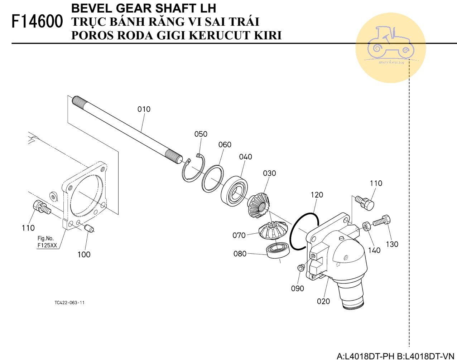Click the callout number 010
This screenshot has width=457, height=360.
[144, 109]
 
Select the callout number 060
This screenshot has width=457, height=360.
[225, 145]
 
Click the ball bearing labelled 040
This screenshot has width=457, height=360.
[234, 190]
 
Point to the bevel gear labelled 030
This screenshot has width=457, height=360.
[259, 206]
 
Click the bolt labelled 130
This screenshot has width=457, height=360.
[382, 221]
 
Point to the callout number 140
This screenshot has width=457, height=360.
[374, 250]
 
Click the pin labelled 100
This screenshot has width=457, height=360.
[89, 228]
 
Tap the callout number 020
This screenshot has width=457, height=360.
[323, 301]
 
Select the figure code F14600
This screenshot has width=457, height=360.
[37, 21]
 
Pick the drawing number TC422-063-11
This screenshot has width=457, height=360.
[69, 303]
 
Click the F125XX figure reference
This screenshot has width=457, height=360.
[47, 245]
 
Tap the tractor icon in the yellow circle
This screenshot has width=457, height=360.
[390, 43]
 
